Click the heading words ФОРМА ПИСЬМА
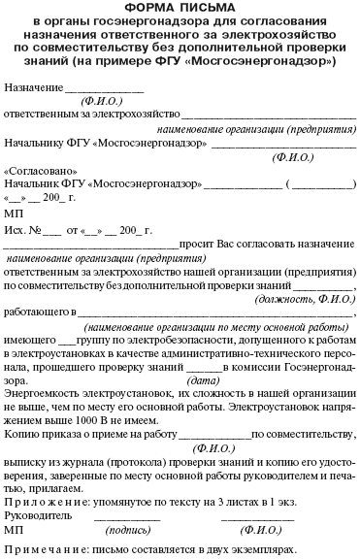pyautogui.click(x=180, y=9)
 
